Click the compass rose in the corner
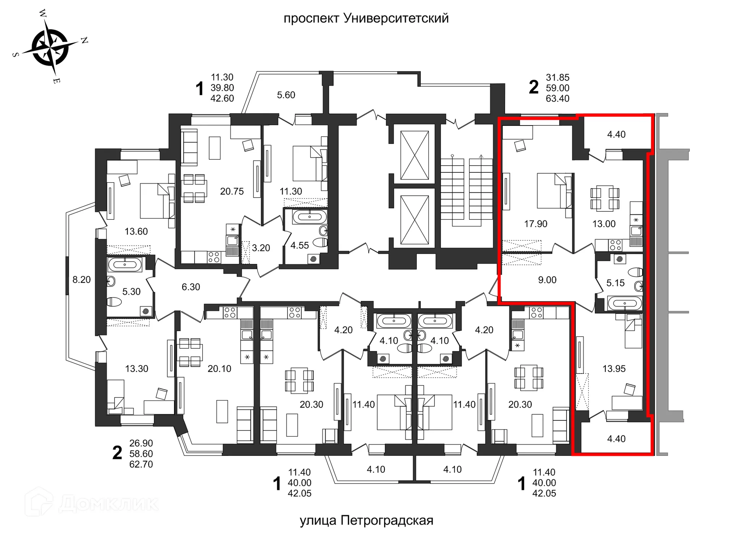[50, 48]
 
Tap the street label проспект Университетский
[366, 18]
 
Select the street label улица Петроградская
[366, 520]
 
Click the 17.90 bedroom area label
[535, 224]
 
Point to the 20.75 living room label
[232, 192]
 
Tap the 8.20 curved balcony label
[81, 280]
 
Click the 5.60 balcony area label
[286, 95]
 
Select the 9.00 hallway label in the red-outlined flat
[547, 280]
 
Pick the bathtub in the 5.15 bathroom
[625, 304]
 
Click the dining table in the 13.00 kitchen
[605, 198]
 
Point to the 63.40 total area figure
[557, 98]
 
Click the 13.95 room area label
[614, 369]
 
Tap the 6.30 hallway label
[191, 287]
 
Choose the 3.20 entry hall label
[261, 248]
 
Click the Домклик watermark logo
[92, 503]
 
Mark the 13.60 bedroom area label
[136, 232]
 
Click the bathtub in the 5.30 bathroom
[124, 264]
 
